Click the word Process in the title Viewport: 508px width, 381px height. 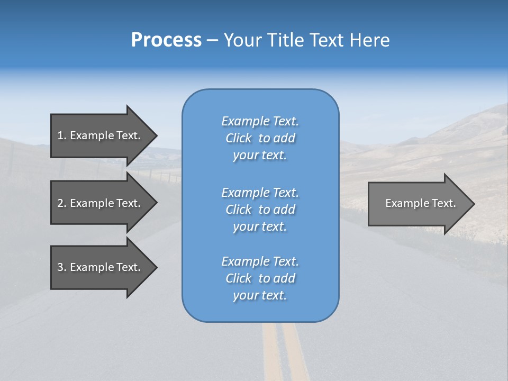point(166,40)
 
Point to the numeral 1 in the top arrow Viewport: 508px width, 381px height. point(60,135)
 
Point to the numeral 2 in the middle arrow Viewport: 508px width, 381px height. point(60,203)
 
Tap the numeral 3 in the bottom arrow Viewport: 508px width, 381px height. point(60,267)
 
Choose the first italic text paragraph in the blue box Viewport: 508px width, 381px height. point(260,138)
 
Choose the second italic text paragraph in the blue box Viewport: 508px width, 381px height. point(260,210)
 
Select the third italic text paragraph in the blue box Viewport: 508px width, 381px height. point(260,278)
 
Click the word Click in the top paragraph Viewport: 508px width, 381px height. point(238,138)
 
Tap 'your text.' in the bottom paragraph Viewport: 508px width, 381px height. point(260,295)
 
